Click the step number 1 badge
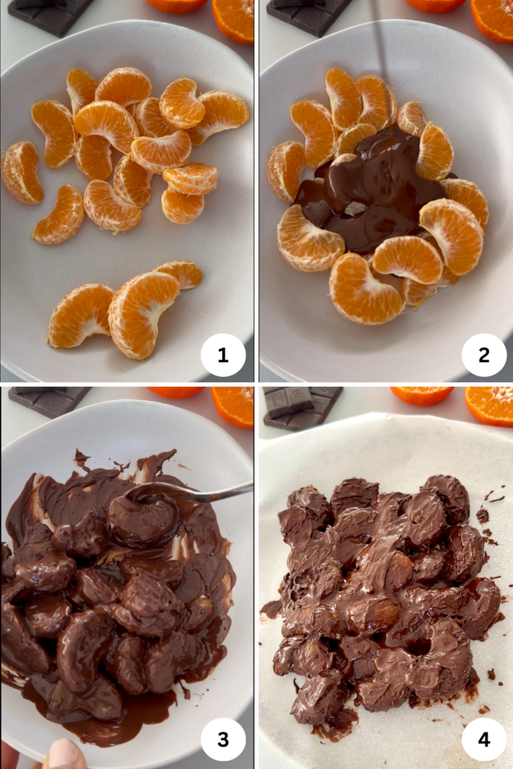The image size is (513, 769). (x=223, y=355)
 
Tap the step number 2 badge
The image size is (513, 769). (x=484, y=355)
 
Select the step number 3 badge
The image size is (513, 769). (x=223, y=740)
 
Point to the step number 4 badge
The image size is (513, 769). (x=484, y=740)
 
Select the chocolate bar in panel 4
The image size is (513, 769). (x=303, y=407)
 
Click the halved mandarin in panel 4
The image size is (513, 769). (x=490, y=405)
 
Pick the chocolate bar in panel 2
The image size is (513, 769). (x=309, y=15)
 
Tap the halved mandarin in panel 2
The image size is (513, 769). (x=493, y=20)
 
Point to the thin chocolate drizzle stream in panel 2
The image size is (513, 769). (x=378, y=64)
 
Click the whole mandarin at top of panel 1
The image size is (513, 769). (x=177, y=5)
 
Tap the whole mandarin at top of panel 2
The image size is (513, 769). (x=436, y=5)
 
